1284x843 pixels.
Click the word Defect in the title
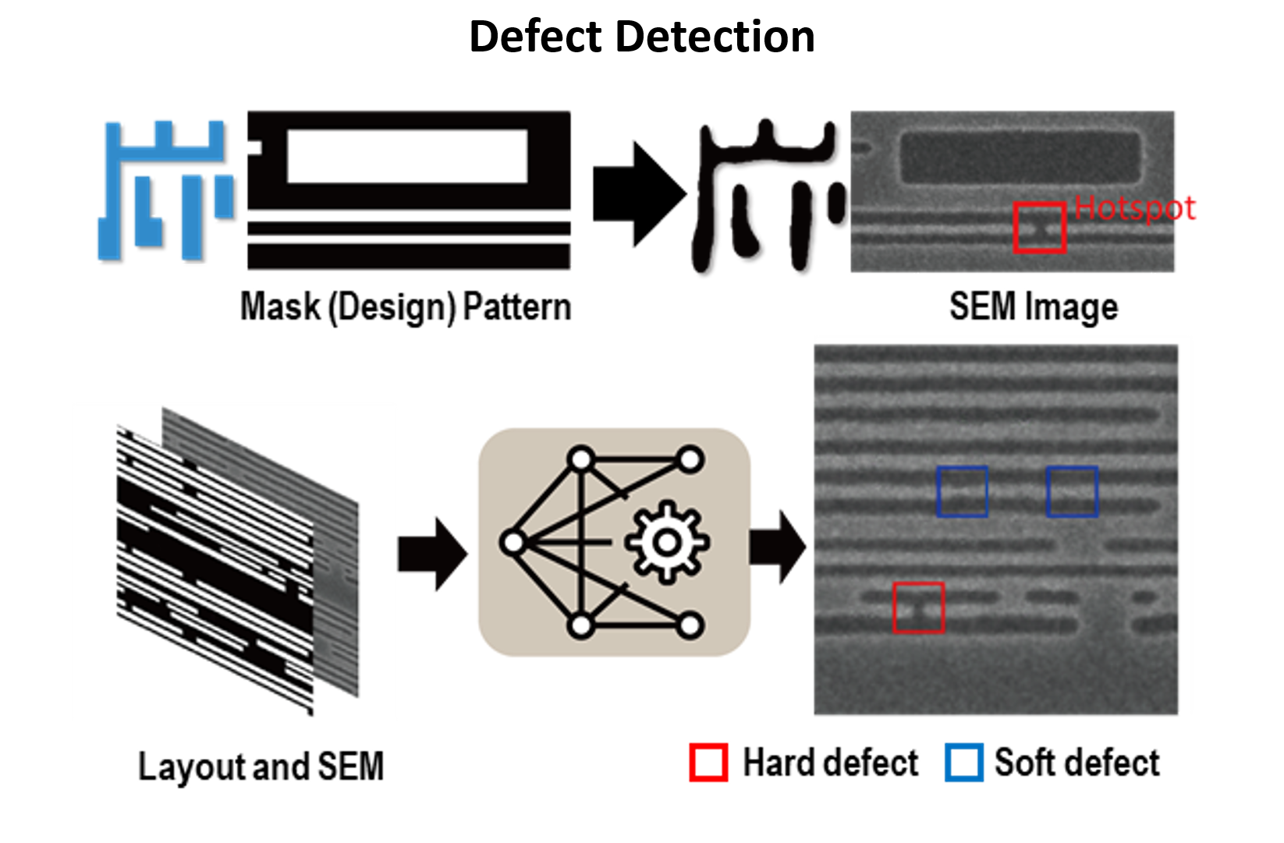(535, 36)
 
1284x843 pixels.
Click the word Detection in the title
(715, 36)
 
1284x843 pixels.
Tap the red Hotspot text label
(1134, 207)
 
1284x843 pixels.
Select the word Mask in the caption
(280, 306)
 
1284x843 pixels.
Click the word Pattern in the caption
(517, 306)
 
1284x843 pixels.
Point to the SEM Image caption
(1034, 306)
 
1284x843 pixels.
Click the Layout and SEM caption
(261, 767)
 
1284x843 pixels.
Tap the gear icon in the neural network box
(667, 542)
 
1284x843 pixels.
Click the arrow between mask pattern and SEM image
(640, 194)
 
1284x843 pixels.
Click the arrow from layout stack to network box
(433, 554)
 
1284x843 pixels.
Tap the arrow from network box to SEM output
(777, 547)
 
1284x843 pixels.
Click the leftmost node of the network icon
(513, 542)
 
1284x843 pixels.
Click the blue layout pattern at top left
(166, 191)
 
